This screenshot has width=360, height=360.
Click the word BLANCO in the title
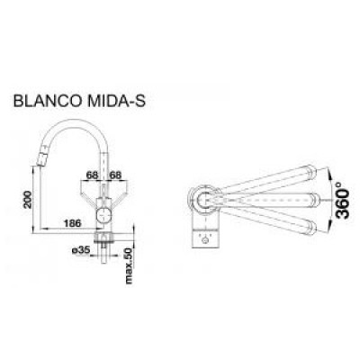[x=47, y=101]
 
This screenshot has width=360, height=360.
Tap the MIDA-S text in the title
[x=116, y=101]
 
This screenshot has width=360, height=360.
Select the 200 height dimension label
[x=28, y=199]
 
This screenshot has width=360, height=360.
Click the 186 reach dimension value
[x=72, y=223]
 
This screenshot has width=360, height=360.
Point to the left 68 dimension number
[x=92, y=175]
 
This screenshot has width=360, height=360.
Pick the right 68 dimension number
[x=115, y=175]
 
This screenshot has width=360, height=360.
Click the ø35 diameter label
[x=81, y=250]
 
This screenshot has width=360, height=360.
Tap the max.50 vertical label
[x=129, y=266]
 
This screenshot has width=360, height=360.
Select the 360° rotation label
[x=342, y=200]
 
